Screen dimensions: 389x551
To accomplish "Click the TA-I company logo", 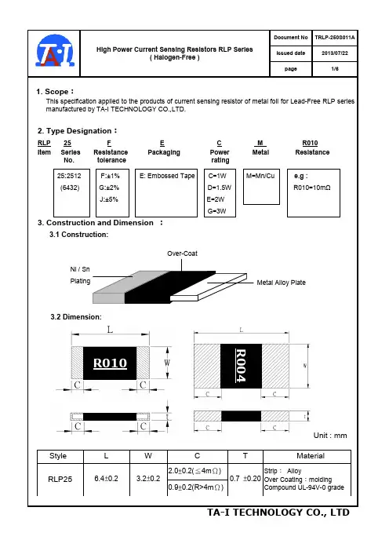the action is click(x=55, y=51).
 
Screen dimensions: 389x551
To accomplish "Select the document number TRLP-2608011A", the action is click(x=335, y=37).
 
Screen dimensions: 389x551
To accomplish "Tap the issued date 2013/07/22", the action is click(x=335, y=53).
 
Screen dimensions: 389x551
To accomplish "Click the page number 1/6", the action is click(x=335, y=68).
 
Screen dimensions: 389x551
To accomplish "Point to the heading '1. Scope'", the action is click(x=55, y=91).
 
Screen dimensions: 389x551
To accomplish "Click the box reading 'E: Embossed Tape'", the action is click(x=166, y=192).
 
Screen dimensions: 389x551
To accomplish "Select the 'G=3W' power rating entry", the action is click(x=216, y=211).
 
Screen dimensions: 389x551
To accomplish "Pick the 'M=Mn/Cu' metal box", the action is click(x=261, y=187).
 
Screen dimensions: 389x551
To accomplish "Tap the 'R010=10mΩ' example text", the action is click(x=312, y=188).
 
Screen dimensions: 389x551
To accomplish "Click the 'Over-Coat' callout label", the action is click(x=182, y=254).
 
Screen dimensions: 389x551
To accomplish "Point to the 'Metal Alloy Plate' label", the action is click(x=282, y=283).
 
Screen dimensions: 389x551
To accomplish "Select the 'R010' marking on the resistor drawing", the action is click(x=110, y=363).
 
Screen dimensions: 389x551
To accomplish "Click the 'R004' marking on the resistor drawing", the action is click(x=241, y=366).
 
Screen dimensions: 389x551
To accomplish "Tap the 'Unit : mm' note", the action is click(x=330, y=436).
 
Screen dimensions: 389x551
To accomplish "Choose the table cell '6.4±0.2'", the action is click(x=107, y=479).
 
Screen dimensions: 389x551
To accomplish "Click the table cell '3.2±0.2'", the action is click(x=148, y=479).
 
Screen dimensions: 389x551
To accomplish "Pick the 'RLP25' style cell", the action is click(x=60, y=479).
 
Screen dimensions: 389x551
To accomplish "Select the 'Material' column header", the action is click(x=311, y=456).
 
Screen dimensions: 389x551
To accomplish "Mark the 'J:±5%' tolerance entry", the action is click(x=109, y=199).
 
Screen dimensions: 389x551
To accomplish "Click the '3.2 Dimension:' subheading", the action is click(x=76, y=316).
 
